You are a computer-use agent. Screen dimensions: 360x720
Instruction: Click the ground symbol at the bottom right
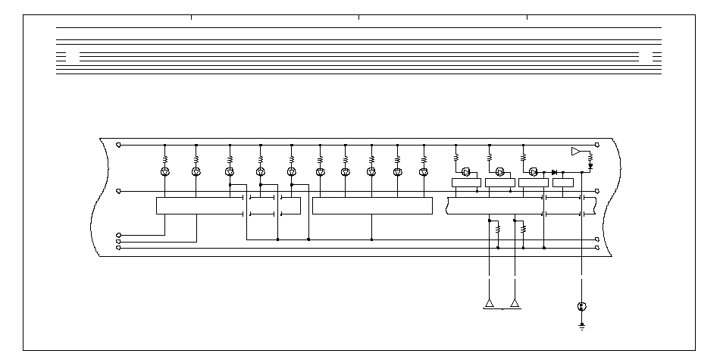(x=581, y=327)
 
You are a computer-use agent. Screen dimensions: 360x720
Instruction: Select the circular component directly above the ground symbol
(x=581, y=307)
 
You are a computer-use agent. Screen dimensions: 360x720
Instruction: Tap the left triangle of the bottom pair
(x=490, y=303)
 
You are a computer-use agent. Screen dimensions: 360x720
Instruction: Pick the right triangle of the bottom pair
(x=515, y=303)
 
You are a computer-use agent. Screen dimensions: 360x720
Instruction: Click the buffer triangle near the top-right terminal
(x=576, y=151)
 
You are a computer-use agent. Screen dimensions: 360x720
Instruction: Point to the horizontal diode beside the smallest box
(x=554, y=172)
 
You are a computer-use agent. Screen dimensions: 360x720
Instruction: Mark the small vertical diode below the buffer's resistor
(x=590, y=164)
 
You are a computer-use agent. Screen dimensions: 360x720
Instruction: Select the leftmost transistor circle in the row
(x=165, y=172)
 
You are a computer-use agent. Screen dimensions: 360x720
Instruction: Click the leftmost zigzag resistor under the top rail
(x=165, y=159)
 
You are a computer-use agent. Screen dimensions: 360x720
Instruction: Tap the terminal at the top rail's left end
(x=117, y=144)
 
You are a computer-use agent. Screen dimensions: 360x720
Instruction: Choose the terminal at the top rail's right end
(x=598, y=144)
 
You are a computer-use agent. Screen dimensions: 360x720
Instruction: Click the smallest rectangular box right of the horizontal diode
(x=563, y=182)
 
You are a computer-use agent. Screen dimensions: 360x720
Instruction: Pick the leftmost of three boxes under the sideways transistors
(x=466, y=182)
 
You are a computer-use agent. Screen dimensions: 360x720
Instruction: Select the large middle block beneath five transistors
(x=372, y=205)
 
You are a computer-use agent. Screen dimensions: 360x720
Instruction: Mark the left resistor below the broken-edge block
(x=498, y=227)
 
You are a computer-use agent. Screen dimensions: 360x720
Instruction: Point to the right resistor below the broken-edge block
(x=524, y=227)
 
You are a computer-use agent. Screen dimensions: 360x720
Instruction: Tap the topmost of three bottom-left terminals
(x=117, y=235)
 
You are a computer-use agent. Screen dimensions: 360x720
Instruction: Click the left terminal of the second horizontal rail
(x=117, y=192)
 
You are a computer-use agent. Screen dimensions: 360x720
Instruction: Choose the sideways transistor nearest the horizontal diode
(x=534, y=172)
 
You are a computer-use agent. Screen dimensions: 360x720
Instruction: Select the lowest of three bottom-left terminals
(x=117, y=247)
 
